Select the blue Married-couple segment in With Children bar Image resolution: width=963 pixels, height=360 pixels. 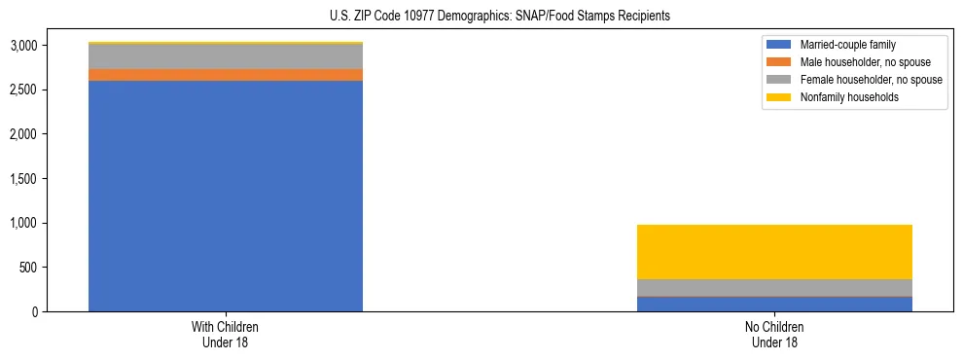click(x=226, y=196)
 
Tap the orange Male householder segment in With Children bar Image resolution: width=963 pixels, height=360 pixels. click(x=226, y=75)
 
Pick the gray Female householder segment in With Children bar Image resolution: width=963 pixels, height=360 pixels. click(x=226, y=56)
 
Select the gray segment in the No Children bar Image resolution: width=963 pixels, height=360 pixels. click(x=774, y=287)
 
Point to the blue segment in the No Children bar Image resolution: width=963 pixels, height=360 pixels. click(x=774, y=304)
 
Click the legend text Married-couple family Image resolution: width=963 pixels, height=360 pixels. click(x=847, y=45)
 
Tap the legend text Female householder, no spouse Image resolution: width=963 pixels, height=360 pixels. click(x=871, y=80)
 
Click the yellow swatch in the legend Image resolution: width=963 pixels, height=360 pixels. click(x=779, y=97)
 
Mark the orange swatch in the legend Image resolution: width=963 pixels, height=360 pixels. click(x=779, y=62)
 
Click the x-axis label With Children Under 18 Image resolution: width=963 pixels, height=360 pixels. click(x=226, y=335)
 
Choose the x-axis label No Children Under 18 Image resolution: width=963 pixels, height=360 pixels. click(x=774, y=335)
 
